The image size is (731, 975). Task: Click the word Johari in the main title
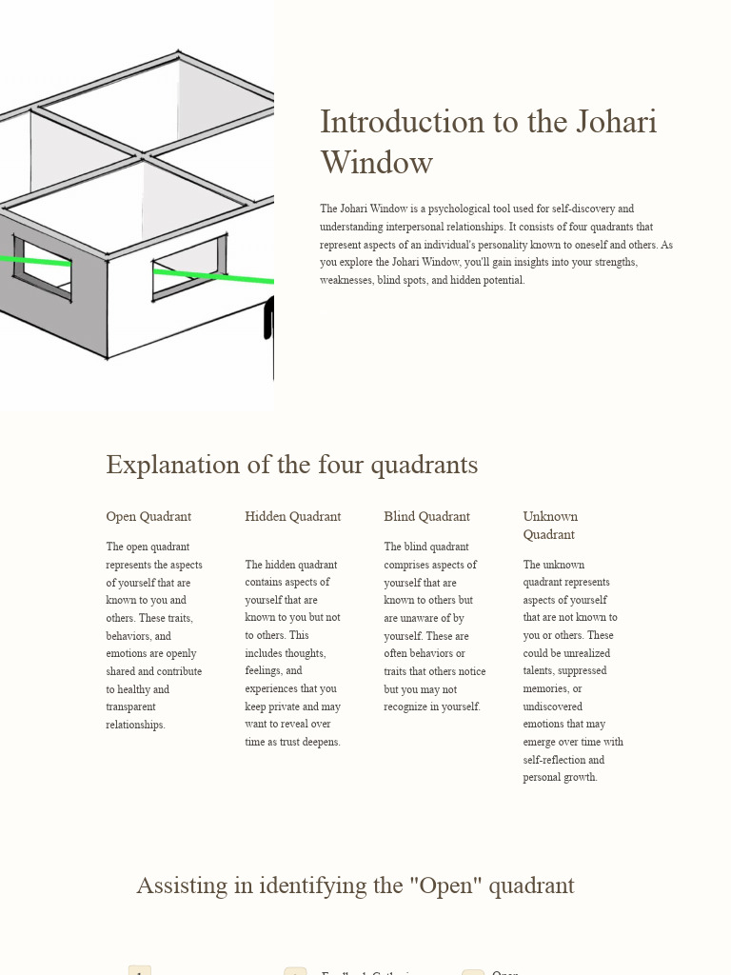(616, 122)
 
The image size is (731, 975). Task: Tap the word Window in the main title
(376, 163)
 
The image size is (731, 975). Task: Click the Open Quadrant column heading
(148, 517)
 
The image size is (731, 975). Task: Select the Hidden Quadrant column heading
(292, 517)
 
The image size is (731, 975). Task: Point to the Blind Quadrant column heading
(426, 517)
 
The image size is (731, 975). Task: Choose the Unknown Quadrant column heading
(549, 526)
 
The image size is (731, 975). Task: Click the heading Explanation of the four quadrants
(291, 465)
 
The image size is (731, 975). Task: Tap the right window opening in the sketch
(188, 268)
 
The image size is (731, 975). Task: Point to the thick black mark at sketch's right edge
(268, 318)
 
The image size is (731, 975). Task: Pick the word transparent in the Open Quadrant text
(130, 707)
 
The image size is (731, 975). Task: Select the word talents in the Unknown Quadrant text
(542, 671)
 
